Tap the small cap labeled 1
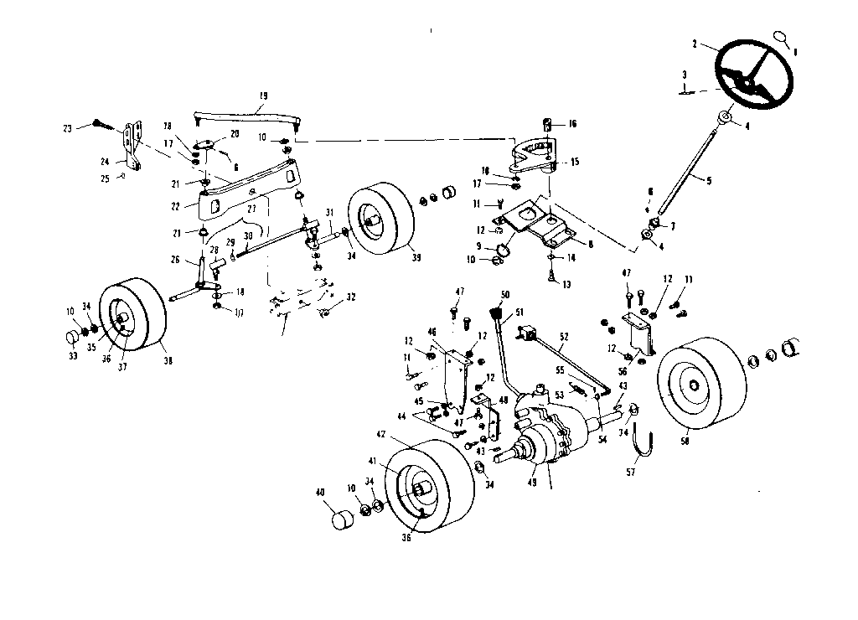[781, 38]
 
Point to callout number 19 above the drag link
[263, 96]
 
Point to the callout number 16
[573, 123]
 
